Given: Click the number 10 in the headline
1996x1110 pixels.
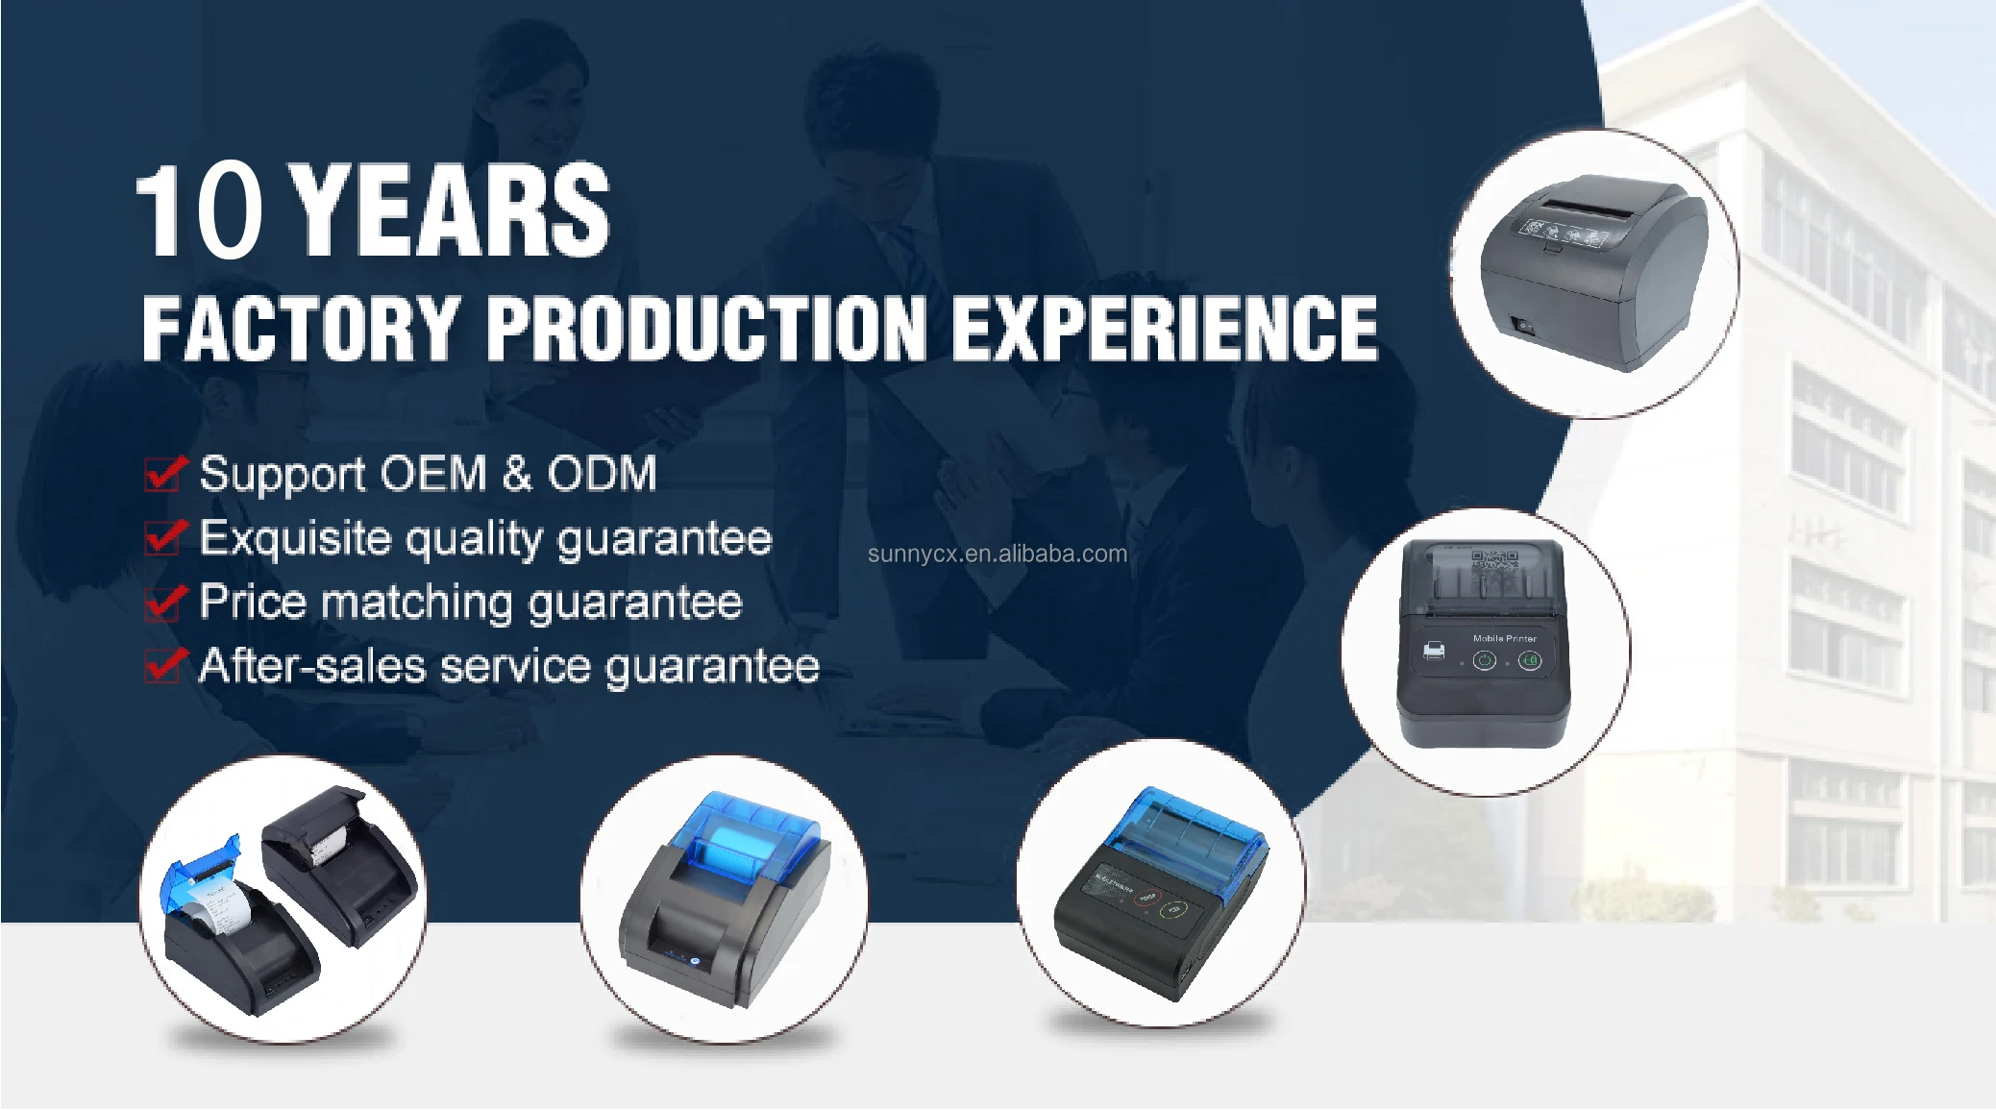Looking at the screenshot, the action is [x=199, y=211].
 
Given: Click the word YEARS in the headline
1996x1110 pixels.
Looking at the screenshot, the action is [x=449, y=211].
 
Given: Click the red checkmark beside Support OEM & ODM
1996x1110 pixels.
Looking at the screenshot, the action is [x=164, y=472].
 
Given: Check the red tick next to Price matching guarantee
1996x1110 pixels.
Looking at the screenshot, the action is [x=164, y=602].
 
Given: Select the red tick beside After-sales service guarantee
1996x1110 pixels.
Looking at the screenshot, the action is [x=164, y=665].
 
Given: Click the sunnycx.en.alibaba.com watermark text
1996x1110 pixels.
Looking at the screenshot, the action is [x=998, y=555].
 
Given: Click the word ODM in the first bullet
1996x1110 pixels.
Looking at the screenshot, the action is [x=602, y=473].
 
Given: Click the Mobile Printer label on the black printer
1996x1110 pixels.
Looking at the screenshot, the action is [x=1504, y=638].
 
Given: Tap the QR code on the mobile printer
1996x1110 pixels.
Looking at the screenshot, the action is [x=1493, y=560].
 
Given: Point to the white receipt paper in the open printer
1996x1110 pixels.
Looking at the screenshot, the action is [x=220, y=908].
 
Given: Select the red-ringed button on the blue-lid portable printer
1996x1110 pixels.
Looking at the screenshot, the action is [x=1146, y=898].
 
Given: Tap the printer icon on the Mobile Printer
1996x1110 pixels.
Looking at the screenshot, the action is [x=1433, y=651].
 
